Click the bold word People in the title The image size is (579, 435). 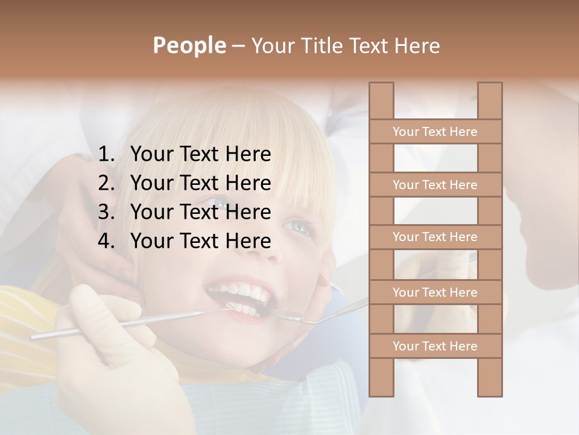(189, 45)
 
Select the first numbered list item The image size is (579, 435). (200, 155)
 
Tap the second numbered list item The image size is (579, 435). (200, 183)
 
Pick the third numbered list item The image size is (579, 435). (200, 212)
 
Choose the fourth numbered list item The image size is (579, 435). (200, 241)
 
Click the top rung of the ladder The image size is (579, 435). (435, 132)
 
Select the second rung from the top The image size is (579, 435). (435, 185)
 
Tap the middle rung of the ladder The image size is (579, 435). (435, 237)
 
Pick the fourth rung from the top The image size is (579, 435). (435, 292)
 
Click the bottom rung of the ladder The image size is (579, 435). (435, 346)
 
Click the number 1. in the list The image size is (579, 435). (106, 155)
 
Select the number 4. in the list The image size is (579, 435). (106, 241)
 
